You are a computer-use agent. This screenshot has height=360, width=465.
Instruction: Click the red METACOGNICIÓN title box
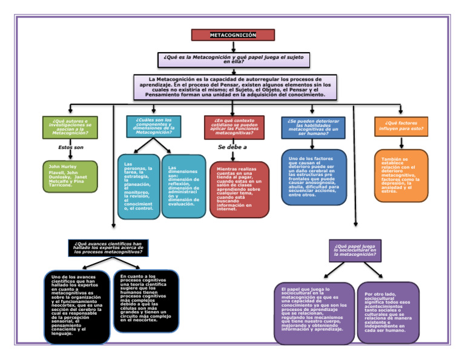(233, 35)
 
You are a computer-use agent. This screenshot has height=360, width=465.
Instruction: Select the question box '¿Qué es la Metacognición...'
(234, 59)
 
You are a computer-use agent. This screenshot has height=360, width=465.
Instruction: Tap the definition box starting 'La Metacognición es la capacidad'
(235, 87)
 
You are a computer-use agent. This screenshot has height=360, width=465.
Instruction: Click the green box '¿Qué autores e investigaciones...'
(70, 127)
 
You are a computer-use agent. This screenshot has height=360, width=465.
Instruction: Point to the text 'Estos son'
(71, 147)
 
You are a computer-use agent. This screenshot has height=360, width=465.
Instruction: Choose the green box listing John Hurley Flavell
(70, 176)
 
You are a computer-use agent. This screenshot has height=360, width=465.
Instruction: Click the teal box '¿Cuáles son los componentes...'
(153, 126)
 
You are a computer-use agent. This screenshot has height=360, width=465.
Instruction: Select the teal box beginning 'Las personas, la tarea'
(139, 187)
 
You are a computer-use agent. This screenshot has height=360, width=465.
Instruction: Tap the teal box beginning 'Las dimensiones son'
(183, 186)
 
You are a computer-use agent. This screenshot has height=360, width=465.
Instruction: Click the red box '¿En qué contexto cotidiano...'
(233, 126)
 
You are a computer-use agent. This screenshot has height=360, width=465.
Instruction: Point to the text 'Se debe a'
(232, 147)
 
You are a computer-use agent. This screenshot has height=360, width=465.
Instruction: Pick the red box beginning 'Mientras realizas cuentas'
(239, 189)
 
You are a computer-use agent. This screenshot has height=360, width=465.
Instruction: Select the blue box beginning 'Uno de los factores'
(314, 177)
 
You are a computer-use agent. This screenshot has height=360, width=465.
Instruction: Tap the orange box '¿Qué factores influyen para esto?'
(401, 127)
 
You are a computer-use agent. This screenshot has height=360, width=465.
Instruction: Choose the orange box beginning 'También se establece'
(401, 175)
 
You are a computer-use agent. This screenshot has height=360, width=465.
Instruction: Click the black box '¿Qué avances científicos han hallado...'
(108, 248)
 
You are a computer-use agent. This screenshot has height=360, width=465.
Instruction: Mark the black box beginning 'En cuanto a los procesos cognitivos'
(146, 301)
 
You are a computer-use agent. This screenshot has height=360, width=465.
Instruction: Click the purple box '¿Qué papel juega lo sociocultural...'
(355, 250)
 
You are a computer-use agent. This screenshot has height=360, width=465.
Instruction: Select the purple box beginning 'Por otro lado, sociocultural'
(388, 312)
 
